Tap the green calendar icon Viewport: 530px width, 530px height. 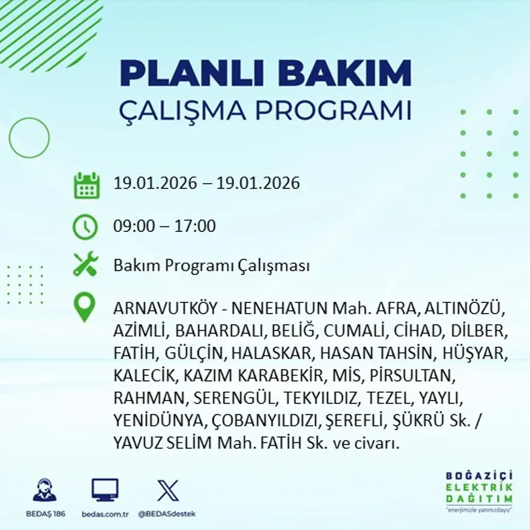pyautogui.click(x=86, y=185)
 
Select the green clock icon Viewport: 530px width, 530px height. pyautogui.click(x=85, y=227)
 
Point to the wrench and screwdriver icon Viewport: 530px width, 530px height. pyautogui.click(x=85, y=265)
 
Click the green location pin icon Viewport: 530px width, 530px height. pyautogui.click(x=84, y=307)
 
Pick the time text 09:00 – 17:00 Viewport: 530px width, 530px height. pyautogui.click(x=164, y=227)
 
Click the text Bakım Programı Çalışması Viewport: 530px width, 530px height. pyautogui.click(x=211, y=266)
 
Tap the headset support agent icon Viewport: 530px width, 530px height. pyautogui.click(x=45, y=490)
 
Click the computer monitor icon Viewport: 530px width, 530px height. pyautogui.click(x=105, y=490)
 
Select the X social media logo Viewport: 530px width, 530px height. pyautogui.click(x=167, y=490)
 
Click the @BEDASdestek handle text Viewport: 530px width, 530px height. pyautogui.click(x=167, y=514)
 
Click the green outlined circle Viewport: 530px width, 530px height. pyautogui.click(x=29, y=138)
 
